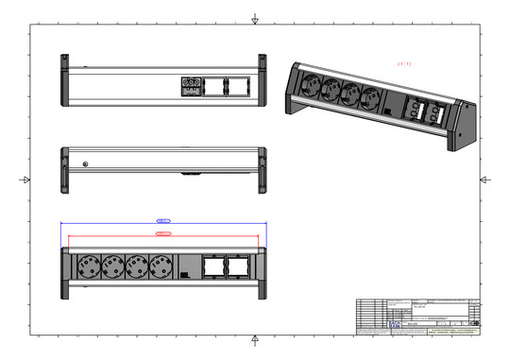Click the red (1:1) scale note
click(405, 63)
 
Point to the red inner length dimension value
click(162, 232)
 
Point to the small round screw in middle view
click(87, 165)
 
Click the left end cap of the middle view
click(65, 170)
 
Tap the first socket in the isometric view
click(312, 85)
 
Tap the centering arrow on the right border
click(485, 180)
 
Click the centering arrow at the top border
click(255, 18)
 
